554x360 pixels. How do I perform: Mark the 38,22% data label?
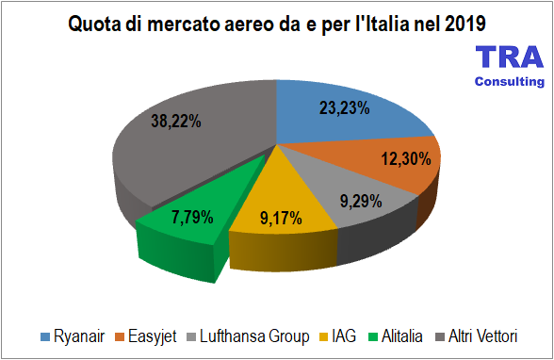pyautogui.click(x=178, y=120)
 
